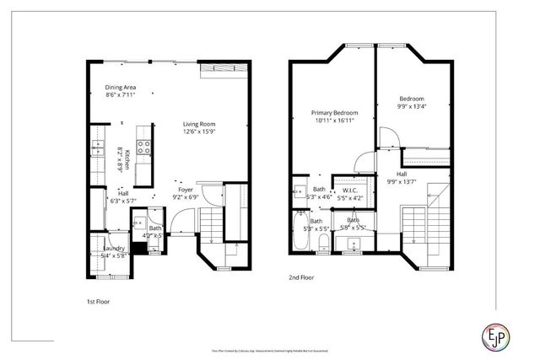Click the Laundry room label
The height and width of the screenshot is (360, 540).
[x=114, y=249]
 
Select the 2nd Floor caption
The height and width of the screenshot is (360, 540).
[x=300, y=276]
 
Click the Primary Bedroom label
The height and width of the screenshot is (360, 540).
[x=334, y=113]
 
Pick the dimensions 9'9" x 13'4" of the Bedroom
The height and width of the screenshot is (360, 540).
[x=413, y=107]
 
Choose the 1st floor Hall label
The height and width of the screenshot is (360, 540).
[x=123, y=194]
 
